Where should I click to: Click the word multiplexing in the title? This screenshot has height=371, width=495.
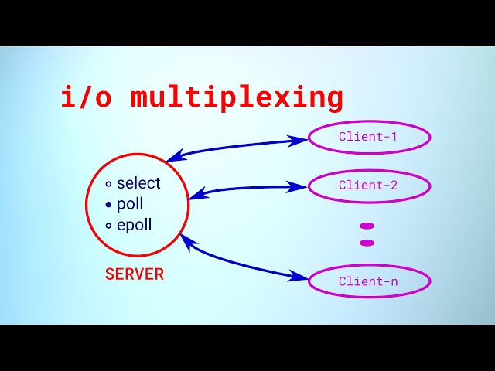237,99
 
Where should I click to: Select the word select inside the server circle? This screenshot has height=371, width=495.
138,183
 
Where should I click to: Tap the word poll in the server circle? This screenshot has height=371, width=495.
130,204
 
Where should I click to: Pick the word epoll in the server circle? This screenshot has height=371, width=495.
135,226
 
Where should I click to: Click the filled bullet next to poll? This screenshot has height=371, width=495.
109,205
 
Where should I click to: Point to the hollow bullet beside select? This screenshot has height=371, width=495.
109,184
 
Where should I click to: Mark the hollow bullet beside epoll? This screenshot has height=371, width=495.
109,226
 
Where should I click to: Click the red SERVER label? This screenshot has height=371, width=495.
135,274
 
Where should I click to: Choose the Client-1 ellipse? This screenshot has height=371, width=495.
369,138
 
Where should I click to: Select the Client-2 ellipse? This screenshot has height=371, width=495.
369,185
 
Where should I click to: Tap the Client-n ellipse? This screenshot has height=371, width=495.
369,281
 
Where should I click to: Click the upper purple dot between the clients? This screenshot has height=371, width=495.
367,226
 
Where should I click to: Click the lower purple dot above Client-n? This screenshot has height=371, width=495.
367,243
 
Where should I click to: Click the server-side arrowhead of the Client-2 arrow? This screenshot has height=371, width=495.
196,193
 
